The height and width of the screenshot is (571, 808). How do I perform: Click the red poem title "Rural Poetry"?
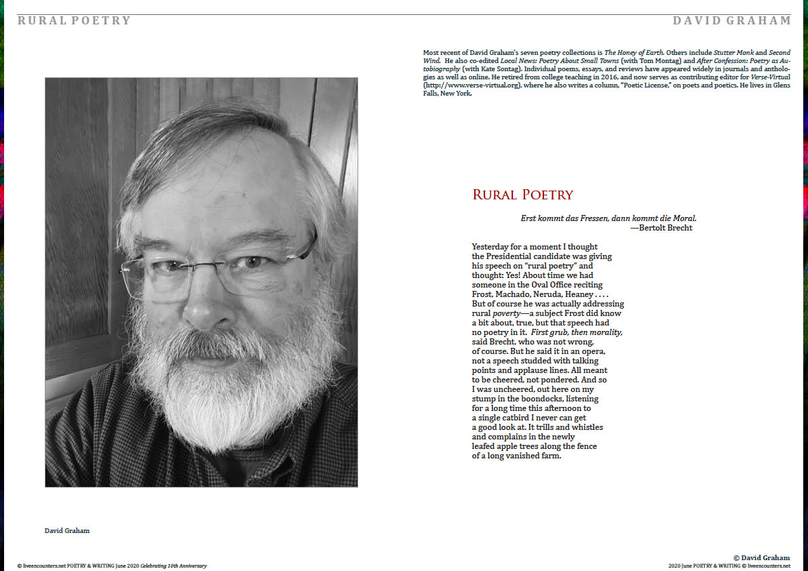[x=522, y=195]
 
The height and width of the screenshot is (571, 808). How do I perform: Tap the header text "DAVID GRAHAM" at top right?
[x=732, y=20]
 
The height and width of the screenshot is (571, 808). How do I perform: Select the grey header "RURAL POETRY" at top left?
[x=74, y=20]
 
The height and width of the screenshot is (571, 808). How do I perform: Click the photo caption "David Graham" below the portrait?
[x=67, y=530]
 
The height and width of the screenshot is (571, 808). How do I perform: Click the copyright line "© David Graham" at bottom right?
[x=762, y=557]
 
